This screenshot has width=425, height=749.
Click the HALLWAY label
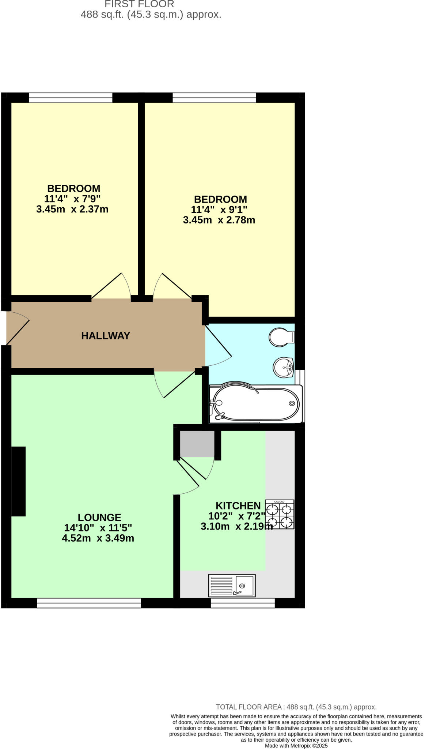point(105,335)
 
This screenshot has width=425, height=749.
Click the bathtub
point(256,404)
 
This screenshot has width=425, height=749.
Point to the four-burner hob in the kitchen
point(280,514)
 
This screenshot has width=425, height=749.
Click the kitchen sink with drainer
point(232,585)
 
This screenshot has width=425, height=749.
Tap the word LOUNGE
point(99,517)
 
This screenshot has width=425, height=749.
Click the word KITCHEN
point(238,505)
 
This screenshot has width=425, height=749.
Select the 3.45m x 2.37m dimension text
point(72,209)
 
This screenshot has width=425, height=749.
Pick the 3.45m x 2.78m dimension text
point(219,220)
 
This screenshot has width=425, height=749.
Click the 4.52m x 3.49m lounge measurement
point(98,538)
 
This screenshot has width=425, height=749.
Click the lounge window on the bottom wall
point(89,603)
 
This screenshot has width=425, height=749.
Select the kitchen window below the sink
point(243,603)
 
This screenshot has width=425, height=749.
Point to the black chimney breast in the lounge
point(18,481)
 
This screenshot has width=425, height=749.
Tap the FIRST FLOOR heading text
point(139,4)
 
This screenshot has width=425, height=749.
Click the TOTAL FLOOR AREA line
point(296,707)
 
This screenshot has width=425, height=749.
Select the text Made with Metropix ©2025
point(296,745)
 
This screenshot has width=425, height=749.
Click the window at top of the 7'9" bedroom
point(71,98)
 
